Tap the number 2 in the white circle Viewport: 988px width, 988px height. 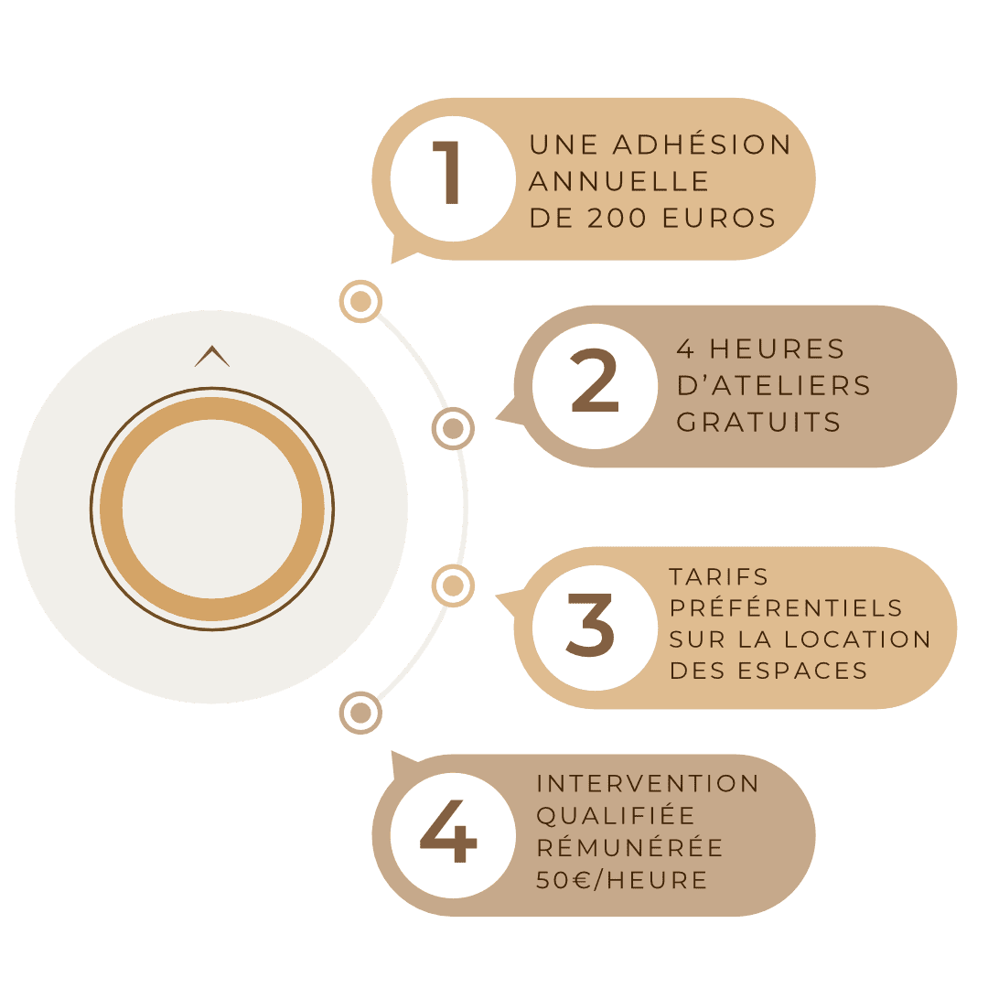tap(595, 384)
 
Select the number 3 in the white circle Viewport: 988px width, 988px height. tap(590, 626)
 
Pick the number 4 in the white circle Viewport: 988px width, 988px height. tap(448, 833)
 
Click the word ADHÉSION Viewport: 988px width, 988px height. tap(702, 145)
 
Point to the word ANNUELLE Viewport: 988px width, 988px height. tap(619, 181)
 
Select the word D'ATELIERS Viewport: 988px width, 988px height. tap(773, 385)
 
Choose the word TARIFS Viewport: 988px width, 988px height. tap(719, 577)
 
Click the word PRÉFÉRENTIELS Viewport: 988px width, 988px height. tap(786, 607)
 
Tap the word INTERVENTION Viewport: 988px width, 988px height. tap(648, 784)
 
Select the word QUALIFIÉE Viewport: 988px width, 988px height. tap(616, 815)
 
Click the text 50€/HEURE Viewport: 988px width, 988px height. tap(622, 880)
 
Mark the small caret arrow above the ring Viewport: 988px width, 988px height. tap(212, 357)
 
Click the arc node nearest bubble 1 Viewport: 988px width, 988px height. tap(360, 301)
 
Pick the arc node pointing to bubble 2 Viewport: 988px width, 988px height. tap(452, 427)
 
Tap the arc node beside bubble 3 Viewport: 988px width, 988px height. tap(452, 585)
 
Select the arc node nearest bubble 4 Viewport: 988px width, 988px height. tap(360, 712)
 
